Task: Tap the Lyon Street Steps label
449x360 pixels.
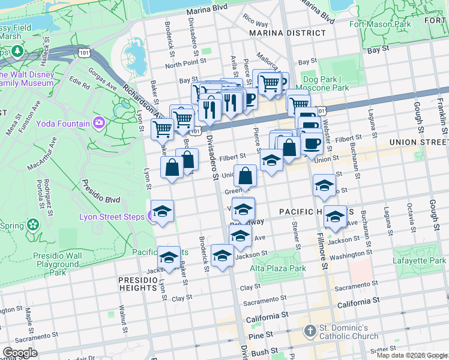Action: [116, 216]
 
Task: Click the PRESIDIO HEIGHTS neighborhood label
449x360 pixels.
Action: [137, 284]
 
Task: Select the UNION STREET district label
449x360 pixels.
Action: [418, 142]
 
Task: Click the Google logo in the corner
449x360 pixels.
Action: [20, 353]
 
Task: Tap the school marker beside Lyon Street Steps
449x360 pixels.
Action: [161, 212]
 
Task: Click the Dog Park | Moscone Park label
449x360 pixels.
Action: [326, 83]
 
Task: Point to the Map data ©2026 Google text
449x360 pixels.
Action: [411, 355]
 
